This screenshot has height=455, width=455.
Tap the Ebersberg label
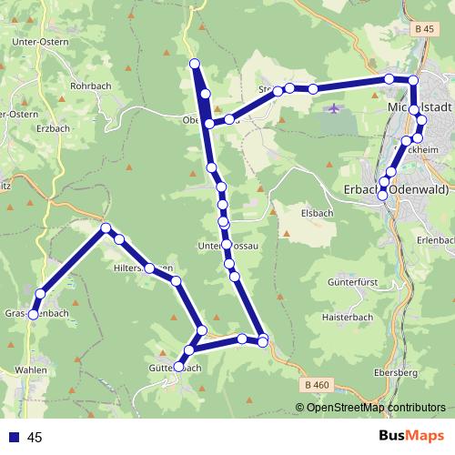pyautogui.click(x=395, y=373)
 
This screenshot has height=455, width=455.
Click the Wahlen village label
pyautogui.click(x=30, y=370)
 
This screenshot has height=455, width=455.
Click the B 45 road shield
pyautogui.click(x=423, y=29)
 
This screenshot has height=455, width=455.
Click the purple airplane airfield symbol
pyautogui.click(x=334, y=109)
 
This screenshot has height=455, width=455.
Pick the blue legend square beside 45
pyautogui.click(x=14, y=438)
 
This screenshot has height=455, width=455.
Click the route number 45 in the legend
pyautogui.click(x=35, y=438)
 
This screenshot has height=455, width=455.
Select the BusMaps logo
pyautogui.click(x=410, y=437)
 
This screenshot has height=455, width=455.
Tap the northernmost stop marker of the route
pyautogui.click(x=194, y=63)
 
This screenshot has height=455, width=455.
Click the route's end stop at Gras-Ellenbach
pyautogui.click(x=33, y=314)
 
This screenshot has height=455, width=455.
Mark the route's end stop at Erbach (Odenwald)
pyautogui.click(x=383, y=193)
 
